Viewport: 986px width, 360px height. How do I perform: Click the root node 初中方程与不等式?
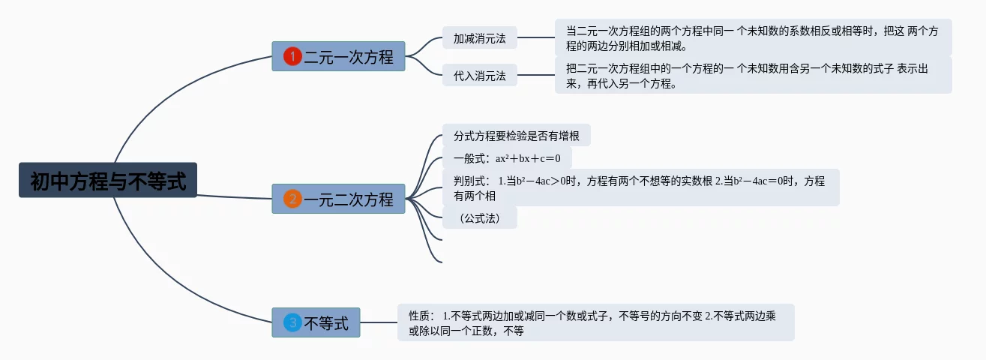[x=108, y=181]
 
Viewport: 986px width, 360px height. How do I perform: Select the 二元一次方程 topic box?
[x=338, y=56]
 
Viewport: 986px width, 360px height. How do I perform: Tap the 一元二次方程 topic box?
[x=338, y=199]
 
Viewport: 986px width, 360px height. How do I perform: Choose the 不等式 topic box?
[x=316, y=322]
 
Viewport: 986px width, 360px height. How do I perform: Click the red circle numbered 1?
[x=292, y=56]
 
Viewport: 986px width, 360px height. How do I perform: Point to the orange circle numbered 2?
[x=292, y=199]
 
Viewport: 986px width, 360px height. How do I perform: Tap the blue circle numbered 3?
[x=292, y=322]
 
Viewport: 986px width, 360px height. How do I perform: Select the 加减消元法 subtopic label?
[x=480, y=37]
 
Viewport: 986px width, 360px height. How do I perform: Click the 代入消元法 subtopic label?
[x=480, y=75]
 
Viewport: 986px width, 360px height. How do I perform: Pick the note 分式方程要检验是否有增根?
[x=517, y=136]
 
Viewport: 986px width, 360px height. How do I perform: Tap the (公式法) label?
[x=480, y=218]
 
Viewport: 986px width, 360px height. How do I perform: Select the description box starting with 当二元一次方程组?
[x=753, y=38]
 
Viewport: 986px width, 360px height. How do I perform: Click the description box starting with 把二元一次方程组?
[x=753, y=76]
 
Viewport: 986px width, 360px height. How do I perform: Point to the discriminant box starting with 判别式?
[x=640, y=187]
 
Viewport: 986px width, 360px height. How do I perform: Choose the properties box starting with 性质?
[x=595, y=322]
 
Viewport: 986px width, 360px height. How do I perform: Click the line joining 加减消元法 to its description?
[x=536, y=37]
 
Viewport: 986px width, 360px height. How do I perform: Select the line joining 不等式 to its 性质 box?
[x=379, y=322]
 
